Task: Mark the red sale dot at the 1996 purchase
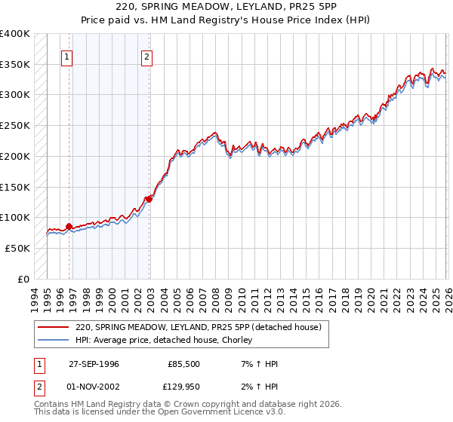coord(69,226)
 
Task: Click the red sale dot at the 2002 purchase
coord(149,199)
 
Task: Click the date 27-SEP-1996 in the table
coord(94,364)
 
